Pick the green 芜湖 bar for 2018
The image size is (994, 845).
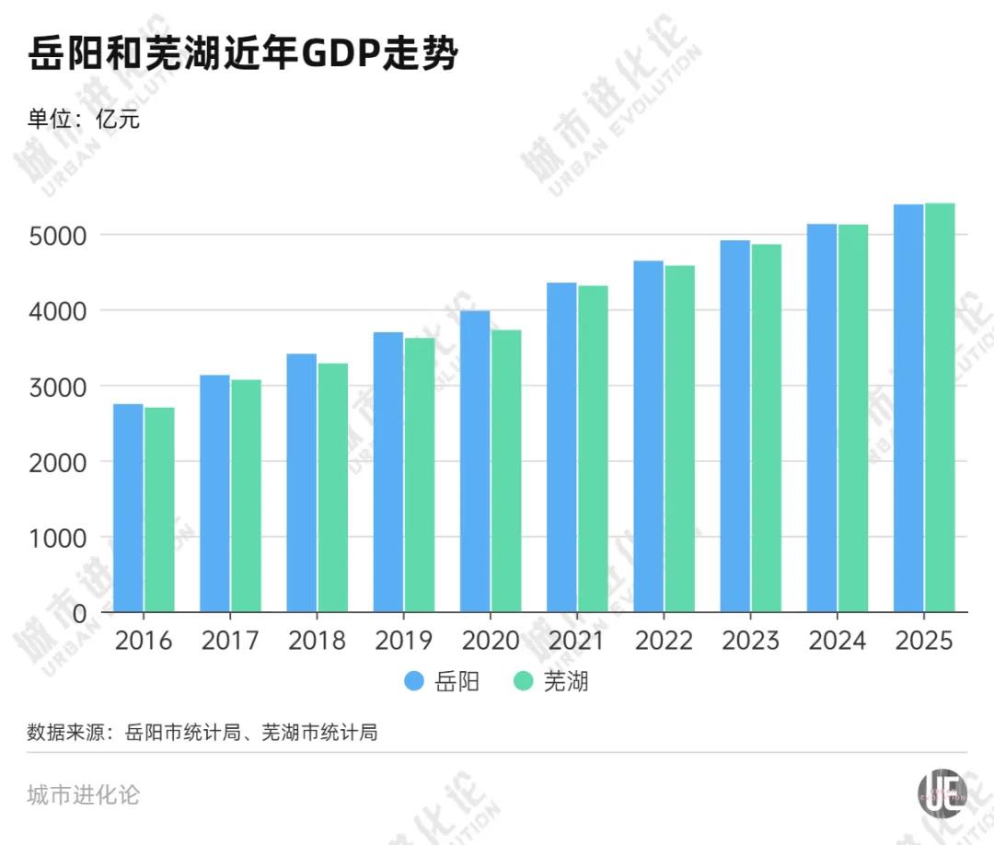(x=333, y=488)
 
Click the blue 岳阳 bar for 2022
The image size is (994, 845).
(x=648, y=436)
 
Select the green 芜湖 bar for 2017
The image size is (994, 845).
(x=246, y=496)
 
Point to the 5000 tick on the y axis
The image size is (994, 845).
(x=60, y=235)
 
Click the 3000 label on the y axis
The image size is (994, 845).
(x=60, y=387)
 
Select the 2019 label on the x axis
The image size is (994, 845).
(x=403, y=641)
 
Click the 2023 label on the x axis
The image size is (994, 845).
(x=750, y=641)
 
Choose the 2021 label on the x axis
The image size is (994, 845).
(x=576, y=641)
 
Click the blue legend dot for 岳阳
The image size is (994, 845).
(x=415, y=682)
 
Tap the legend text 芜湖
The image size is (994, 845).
(x=565, y=682)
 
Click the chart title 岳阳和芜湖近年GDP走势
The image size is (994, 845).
(x=243, y=56)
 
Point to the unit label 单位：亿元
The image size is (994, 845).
(x=84, y=119)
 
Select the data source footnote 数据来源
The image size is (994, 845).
(x=202, y=733)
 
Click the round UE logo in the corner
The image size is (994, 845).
(x=942, y=792)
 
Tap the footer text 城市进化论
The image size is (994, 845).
(x=84, y=794)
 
